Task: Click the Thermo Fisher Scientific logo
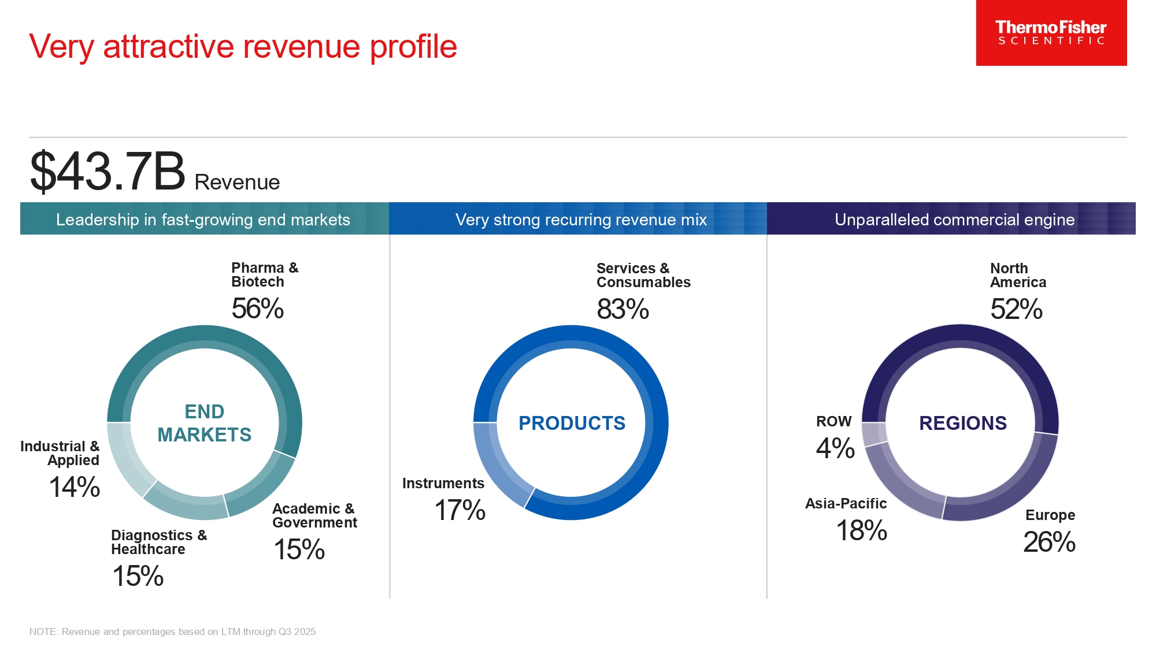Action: point(1051,33)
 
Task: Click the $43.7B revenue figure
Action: point(108,172)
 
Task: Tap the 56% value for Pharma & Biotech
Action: point(257,309)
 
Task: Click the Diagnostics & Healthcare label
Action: point(158,542)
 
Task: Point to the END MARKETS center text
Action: point(204,423)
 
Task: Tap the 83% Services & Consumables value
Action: point(623,309)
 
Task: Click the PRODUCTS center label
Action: point(572,423)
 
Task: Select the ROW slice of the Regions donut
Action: point(874,434)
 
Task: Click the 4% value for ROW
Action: point(835,448)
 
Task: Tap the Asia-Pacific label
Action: point(846,503)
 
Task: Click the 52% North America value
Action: point(1016,309)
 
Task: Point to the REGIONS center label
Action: point(963,423)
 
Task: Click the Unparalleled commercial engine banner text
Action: point(954,220)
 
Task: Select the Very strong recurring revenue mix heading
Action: point(581,220)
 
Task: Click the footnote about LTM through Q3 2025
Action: point(172,632)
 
